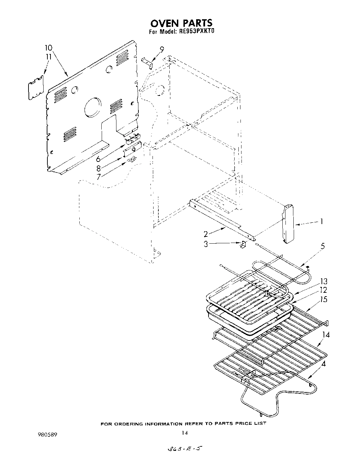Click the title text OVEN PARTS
coord(181,23)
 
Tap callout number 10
coord(48,48)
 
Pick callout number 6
coord(99,159)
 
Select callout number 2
coord(206,234)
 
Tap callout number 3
coord(206,245)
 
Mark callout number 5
coord(322,246)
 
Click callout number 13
coord(324,282)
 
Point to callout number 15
coord(324,299)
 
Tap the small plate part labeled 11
coord(36,88)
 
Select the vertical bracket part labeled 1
coord(288,223)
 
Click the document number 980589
coord(46,434)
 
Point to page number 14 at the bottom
coord(184,433)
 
